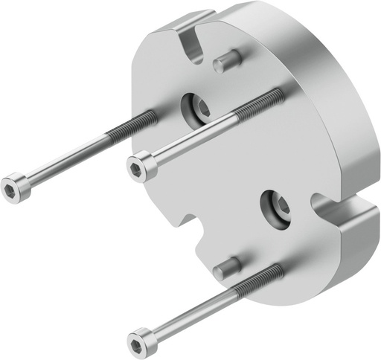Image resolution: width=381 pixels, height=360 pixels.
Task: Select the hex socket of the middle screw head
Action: [x=139, y=165]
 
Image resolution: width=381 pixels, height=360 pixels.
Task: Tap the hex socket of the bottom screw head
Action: [x=138, y=342]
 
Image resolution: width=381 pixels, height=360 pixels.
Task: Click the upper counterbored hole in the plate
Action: [x=198, y=109]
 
